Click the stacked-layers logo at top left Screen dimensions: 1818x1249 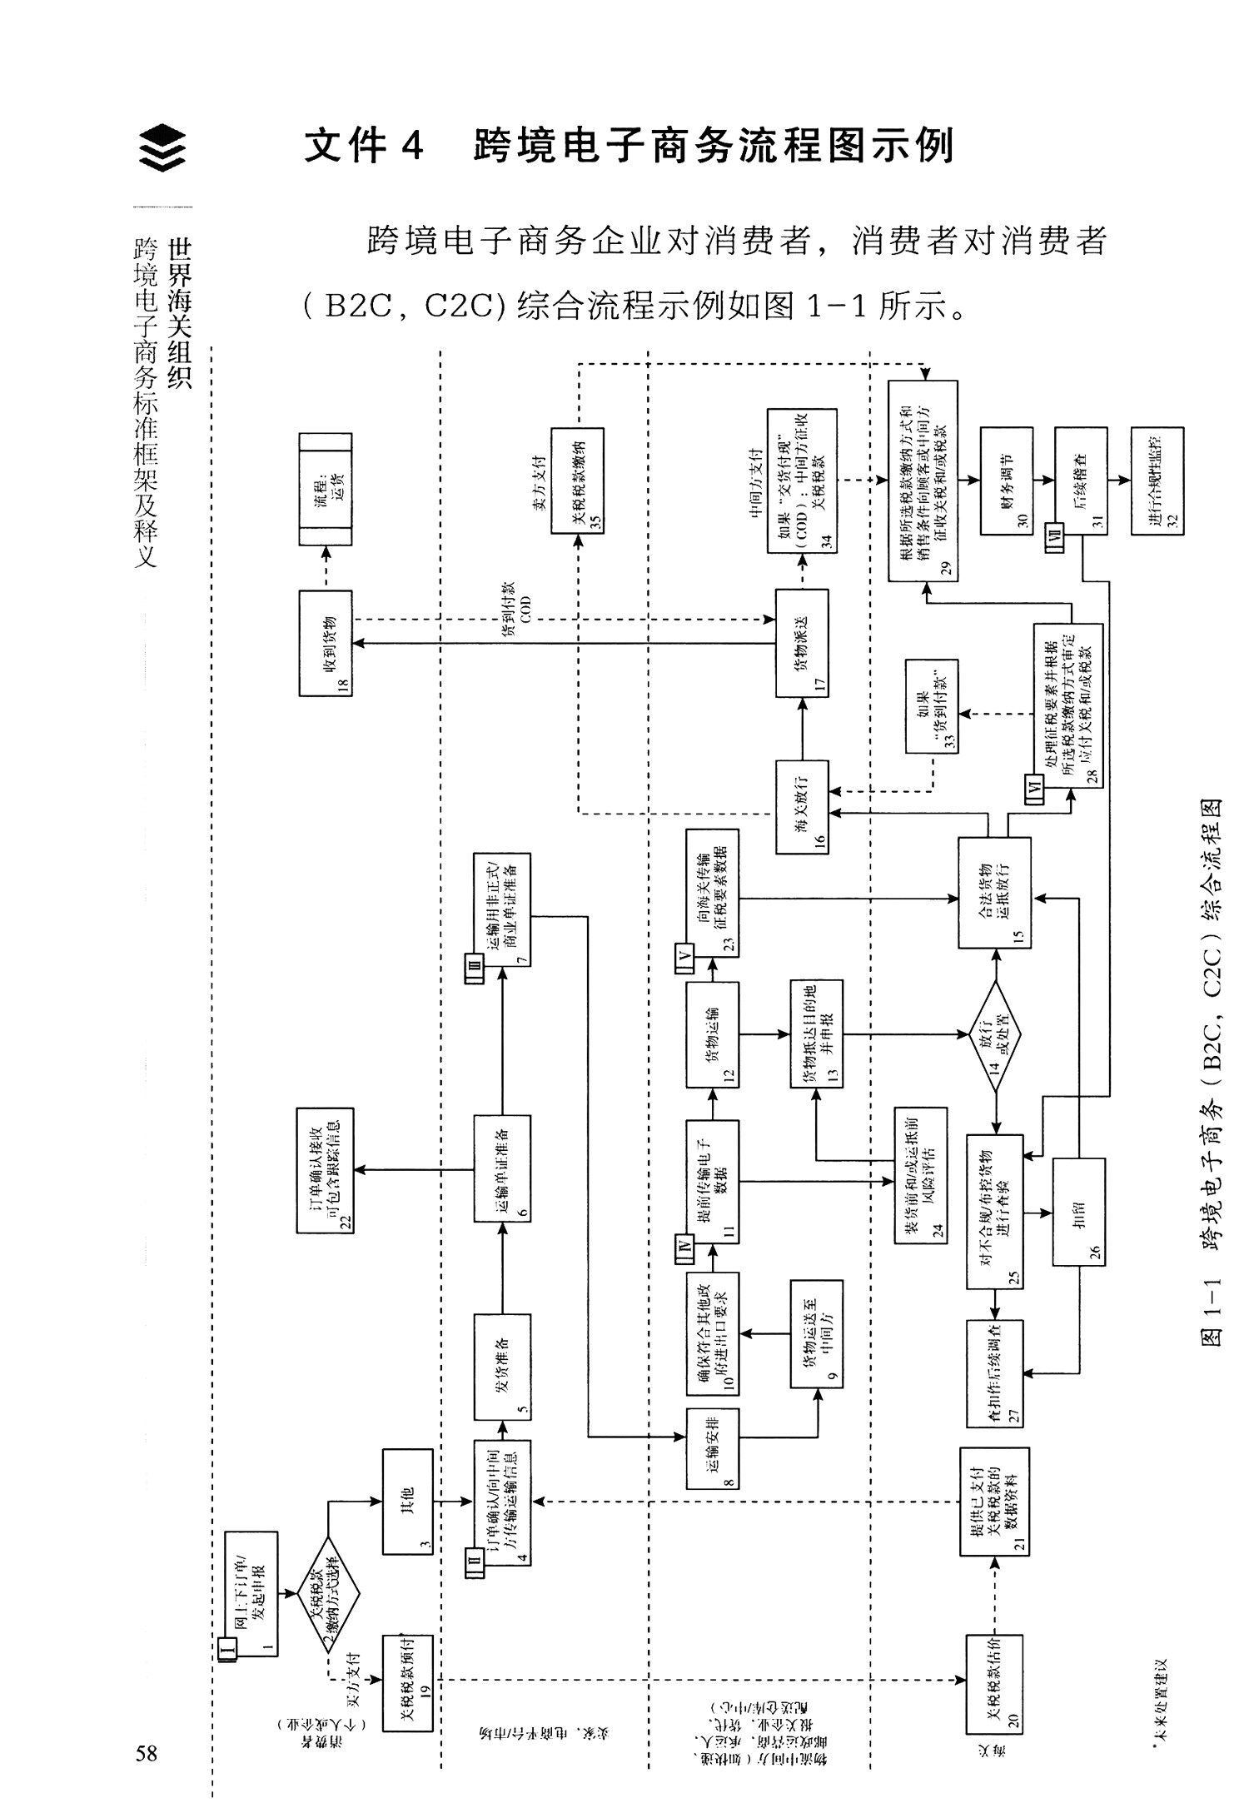[x=162, y=147]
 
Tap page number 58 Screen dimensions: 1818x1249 [x=147, y=1752]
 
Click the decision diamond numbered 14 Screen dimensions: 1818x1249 [x=995, y=1036]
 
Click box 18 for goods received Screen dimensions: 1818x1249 [x=326, y=643]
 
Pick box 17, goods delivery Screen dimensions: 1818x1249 [x=802, y=643]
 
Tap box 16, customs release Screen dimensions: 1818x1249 [x=802, y=806]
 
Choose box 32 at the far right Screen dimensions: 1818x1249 [x=1157, y=481]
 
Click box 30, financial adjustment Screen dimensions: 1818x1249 [x=1006, y=481]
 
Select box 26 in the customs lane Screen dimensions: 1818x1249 [x=1079, y=1213]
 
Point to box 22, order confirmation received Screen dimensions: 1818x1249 [x=326, y=1170]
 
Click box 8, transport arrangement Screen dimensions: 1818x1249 [x=713, y=1449]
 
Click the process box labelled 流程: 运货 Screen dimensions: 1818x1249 [x=326, y=489]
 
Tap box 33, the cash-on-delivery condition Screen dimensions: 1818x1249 [x=932, y=706]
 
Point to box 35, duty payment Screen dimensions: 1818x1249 [x=577, y=481]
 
